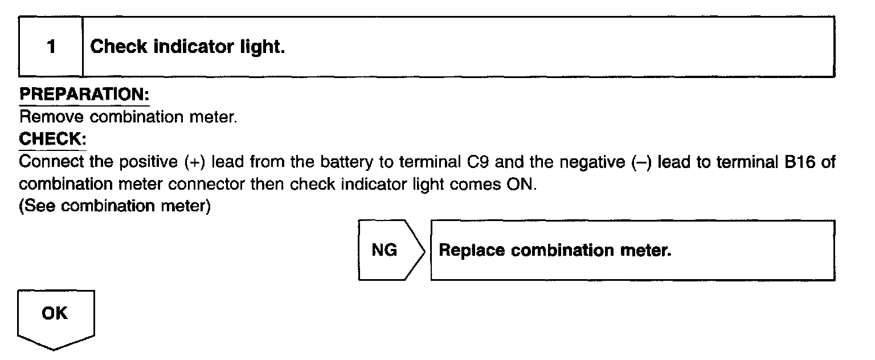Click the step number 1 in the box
(51, 47)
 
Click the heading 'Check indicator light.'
(187, 47)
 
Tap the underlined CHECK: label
(52, 139)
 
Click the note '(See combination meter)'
(115, 206)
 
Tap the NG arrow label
(385, 250)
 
